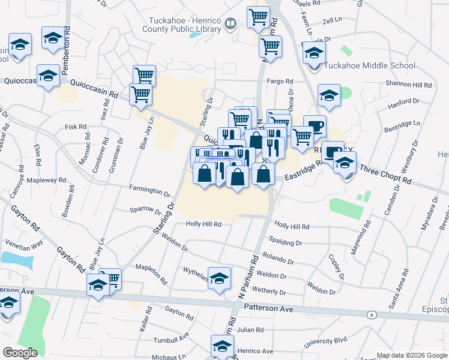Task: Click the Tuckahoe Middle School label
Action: click(369, 66)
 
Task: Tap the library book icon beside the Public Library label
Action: click(231, 24)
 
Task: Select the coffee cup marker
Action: click(315, 126)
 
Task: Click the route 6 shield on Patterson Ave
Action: click(372, 314)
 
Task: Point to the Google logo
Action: click(20, 352)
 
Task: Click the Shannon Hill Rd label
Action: click(409, 85)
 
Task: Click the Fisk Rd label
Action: click(76, 127)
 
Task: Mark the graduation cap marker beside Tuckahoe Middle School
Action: click(313, 52)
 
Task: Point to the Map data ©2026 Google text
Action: click(412, 355)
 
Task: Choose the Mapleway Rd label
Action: click(46, 180)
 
